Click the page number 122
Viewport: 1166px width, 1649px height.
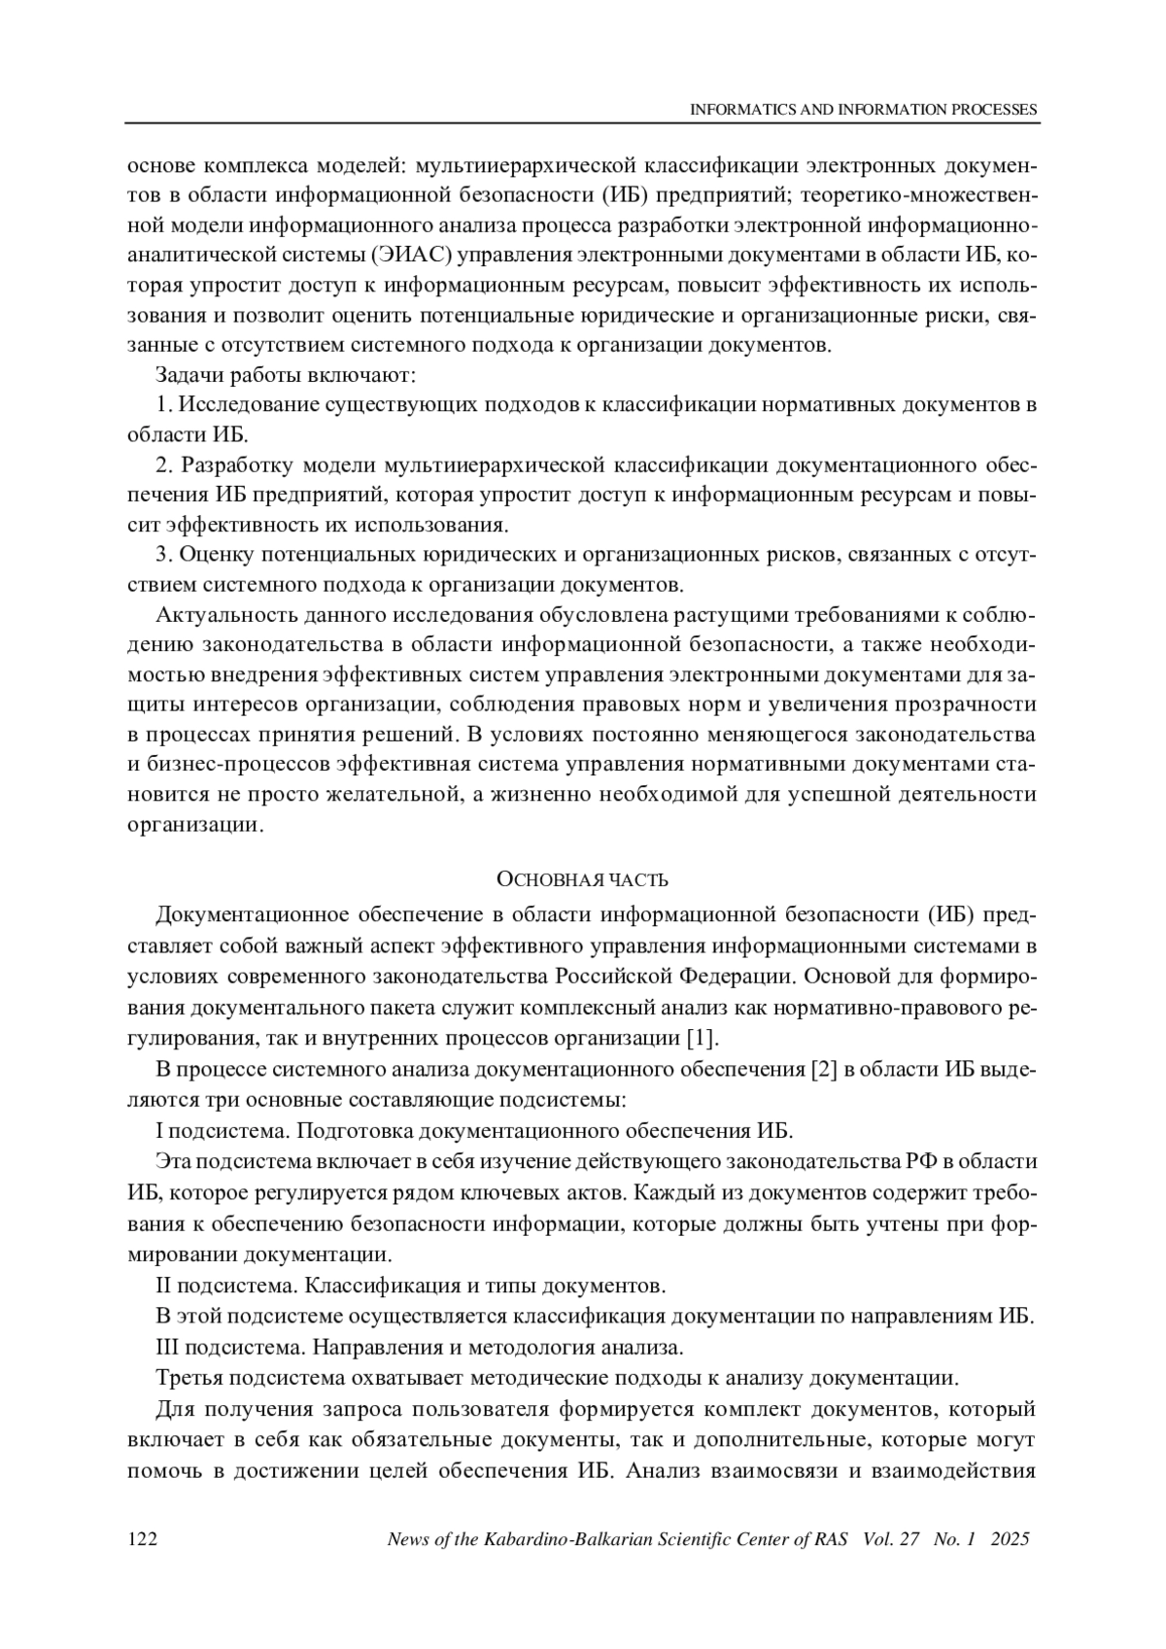click(143, 1539)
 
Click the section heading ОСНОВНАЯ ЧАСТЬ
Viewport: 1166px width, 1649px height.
click(582, 880)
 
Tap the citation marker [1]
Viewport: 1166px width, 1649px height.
click(702, 1037)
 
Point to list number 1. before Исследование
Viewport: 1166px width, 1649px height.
click(163, 404)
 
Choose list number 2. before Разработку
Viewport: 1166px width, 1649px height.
click(164, 464)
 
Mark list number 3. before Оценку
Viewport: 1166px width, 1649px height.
click(164, 555)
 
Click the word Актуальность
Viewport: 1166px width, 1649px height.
click(217, 615)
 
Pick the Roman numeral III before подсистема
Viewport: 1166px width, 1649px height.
click(167, 1347)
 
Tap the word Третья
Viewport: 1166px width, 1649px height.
click(189, 1377)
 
